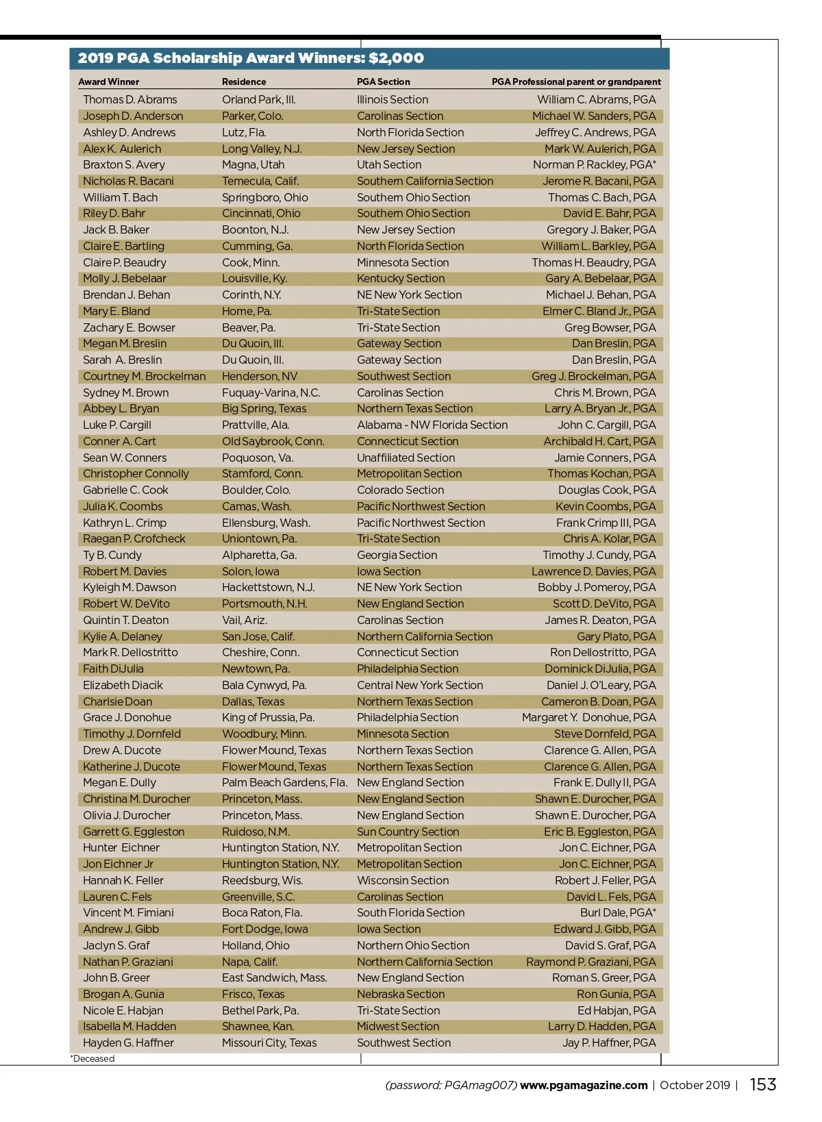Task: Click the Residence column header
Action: point(244,82)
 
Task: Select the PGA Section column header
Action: point(383,82)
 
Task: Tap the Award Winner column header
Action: point(108,82)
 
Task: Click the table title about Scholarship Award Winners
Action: point(251,58)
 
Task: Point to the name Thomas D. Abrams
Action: point(129,99)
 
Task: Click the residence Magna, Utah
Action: point(253,164)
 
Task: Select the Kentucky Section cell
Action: point(401,278)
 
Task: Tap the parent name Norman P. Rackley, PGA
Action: point(594,164)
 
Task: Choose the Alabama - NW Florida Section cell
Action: point(432,425)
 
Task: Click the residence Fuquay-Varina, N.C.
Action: point(271,392)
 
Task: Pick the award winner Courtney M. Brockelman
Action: point(144,376)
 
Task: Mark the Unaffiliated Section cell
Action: point(406,458)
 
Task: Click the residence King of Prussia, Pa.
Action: point(268,717)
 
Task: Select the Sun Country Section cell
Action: point(408,832)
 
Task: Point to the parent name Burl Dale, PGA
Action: point(618,912)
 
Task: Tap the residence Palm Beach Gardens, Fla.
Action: point(284,782)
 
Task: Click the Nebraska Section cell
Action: point(401,994)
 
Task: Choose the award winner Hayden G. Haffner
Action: point(128,1043)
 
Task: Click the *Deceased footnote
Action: point(92,1058)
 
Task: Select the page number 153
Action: point(762,1084)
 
